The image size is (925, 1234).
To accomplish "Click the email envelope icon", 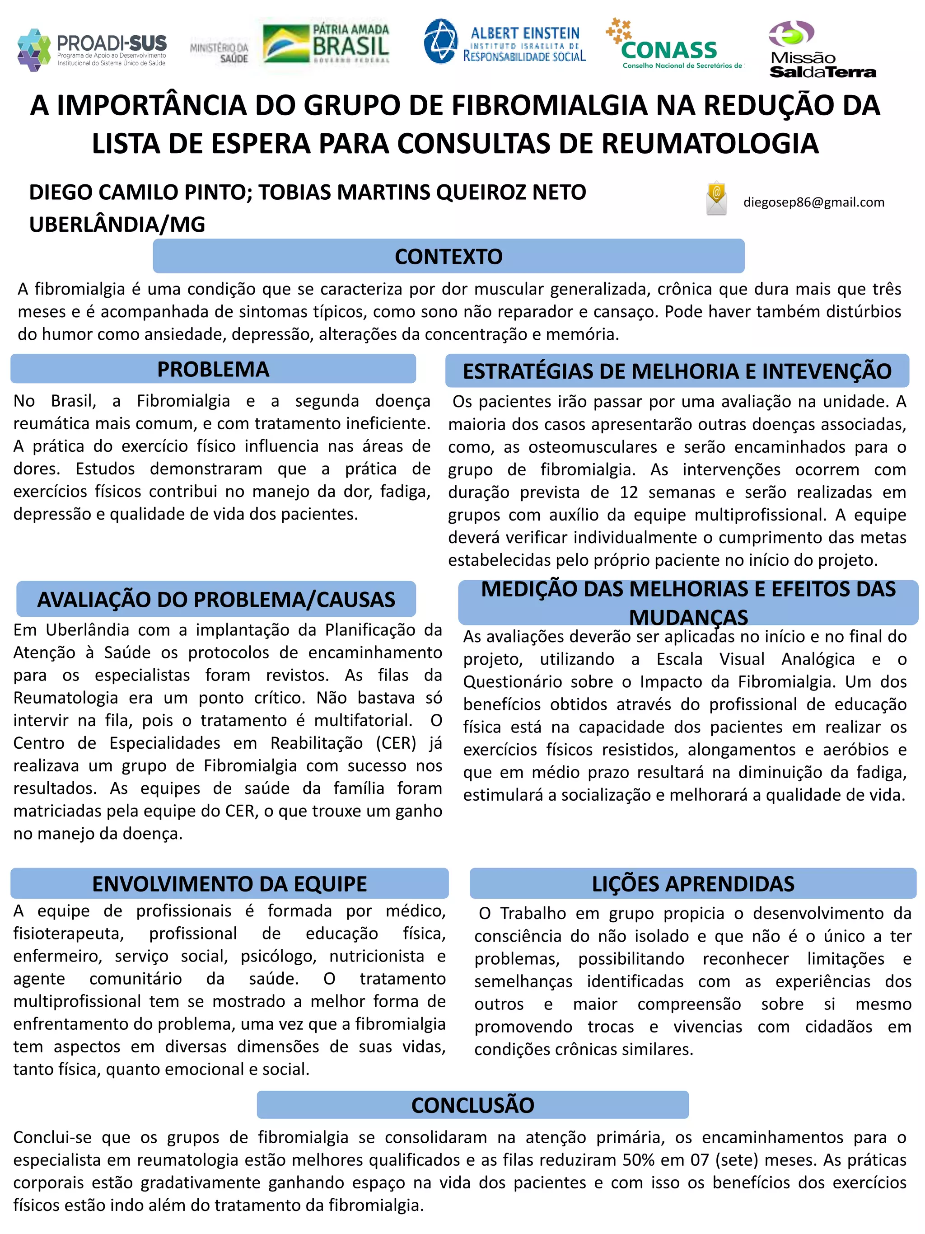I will tap(716, 198).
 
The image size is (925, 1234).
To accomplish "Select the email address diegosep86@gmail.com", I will tap(813, 202).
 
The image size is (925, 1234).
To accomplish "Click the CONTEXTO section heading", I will tap(448, 257).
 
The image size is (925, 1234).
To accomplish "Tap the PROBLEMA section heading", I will tap(213, 369).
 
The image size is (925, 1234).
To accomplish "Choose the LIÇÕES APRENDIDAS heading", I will tap(692, 884).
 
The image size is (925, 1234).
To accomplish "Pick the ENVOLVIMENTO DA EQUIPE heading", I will tap(229, 884).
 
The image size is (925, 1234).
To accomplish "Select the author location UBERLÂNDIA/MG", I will tap(117, 224).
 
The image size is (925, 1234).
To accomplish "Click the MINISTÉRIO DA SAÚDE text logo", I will tap(219, 53).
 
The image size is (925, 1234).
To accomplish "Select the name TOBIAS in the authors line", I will tap(295, 192).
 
